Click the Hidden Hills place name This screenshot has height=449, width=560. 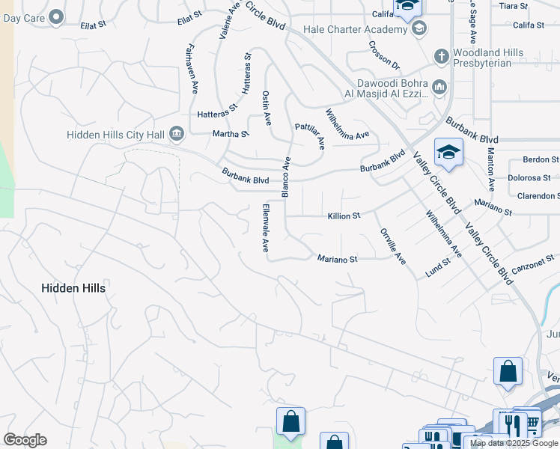click(73, 288)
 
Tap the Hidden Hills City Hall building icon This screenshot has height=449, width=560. click(177, 134)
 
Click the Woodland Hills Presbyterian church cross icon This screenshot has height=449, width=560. click(442, 57)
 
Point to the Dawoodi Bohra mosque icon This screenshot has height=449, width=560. click(439, 88)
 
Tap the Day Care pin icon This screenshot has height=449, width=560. click(56, 18)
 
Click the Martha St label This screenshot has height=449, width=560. click(231, 134)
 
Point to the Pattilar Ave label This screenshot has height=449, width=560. click(310, 137)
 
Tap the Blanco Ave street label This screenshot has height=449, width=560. click(285, 177)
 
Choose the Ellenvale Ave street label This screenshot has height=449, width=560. click(265, 228)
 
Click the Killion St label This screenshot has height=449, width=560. click(344, 216)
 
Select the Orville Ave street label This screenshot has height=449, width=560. click(392, 247)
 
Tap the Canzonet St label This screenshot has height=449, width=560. click(534, 263)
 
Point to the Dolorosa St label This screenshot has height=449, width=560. click(533, 178)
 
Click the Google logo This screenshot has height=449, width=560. click(25, 440)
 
